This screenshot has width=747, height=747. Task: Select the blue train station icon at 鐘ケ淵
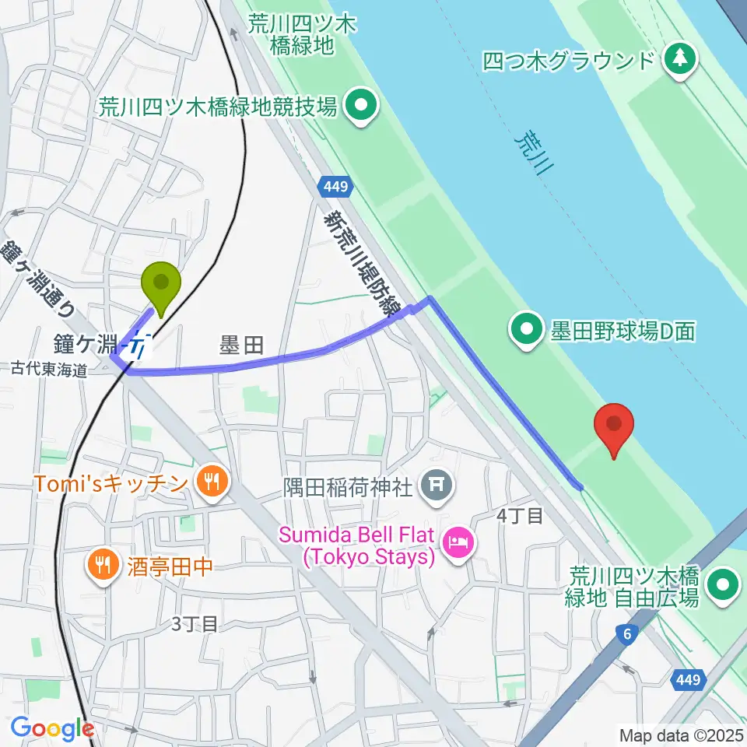point(140,345)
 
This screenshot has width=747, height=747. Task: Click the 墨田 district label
point(242,345)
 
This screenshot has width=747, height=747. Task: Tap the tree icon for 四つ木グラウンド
point(680,60)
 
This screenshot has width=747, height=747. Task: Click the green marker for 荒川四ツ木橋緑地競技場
point(360,107)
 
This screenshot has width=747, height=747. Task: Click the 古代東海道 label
point(49,370)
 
